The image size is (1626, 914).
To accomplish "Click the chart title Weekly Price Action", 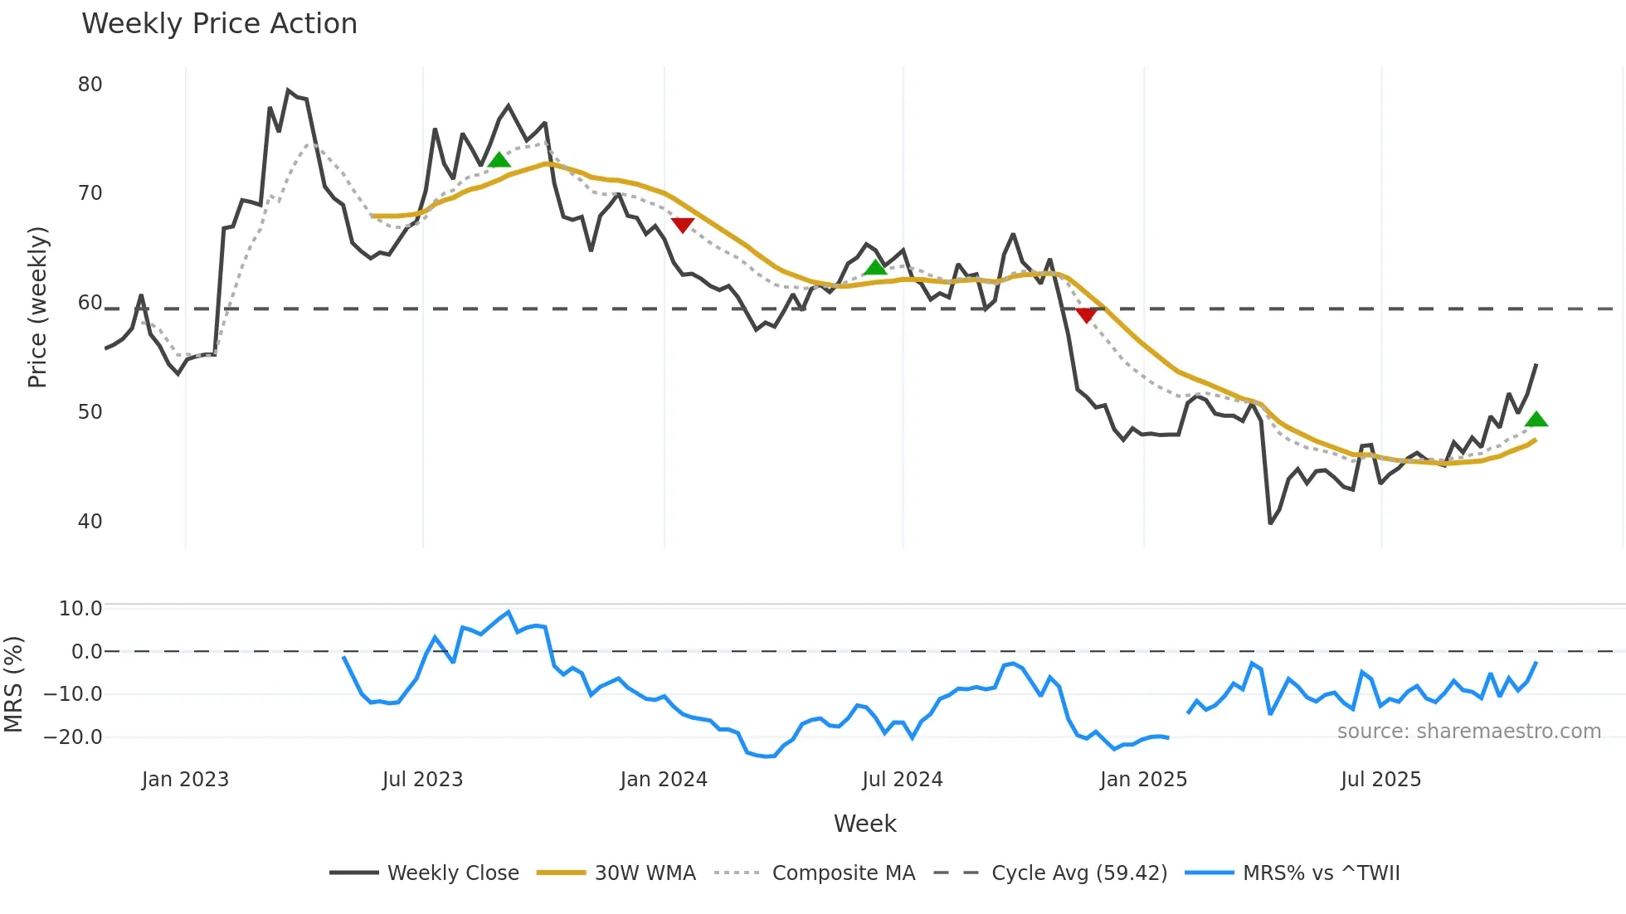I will coord(219,24).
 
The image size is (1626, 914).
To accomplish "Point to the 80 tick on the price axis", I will coord(90,85).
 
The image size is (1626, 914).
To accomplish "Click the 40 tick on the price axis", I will coord(90,522).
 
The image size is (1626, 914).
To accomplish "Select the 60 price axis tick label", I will coord(90,303).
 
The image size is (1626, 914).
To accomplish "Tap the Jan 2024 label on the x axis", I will coord(664,780).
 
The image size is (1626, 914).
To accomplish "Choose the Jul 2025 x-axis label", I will coord(1380,780).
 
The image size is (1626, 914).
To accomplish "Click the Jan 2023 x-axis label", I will coord(185,780).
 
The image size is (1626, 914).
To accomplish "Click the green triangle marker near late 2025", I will coord(1536,420).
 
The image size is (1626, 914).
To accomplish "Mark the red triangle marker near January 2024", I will coord(682,225).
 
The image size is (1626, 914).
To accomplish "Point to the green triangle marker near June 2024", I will coord(875,267).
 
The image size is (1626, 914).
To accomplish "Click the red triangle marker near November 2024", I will coord(1086,315).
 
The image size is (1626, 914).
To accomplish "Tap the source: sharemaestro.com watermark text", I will coord(1468,732).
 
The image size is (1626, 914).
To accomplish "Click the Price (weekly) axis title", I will coord(37,307).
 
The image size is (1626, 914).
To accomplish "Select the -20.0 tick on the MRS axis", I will coord(80,737).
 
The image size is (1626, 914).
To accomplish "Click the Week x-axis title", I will coord(864,824).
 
